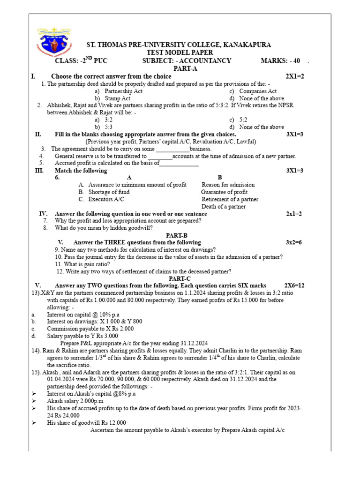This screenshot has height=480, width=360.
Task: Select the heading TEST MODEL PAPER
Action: click(180, 52)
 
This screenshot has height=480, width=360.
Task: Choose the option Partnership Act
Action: click(124, 91)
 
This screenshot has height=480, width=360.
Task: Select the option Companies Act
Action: click(258, 91)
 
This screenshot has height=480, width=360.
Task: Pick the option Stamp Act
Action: click(118, 98)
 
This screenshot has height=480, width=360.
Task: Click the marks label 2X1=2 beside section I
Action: click(295, 76)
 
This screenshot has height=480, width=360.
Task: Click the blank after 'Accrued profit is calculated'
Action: click(180, 164)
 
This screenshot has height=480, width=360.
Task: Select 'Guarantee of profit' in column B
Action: click(225, 192)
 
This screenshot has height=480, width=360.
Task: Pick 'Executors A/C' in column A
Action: click(106, 199)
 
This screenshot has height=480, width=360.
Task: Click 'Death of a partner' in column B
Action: click(224, 207)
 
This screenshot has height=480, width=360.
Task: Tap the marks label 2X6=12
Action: click(294, 285)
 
